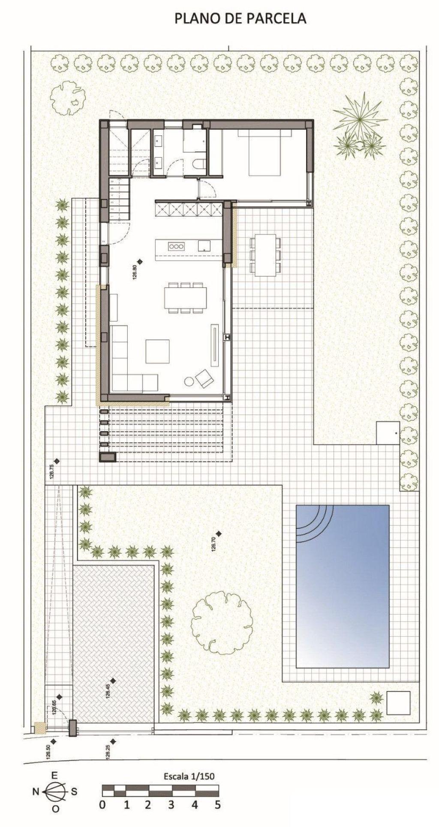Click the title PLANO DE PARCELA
click(x=240, y=18)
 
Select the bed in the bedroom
click(x=265, y=153)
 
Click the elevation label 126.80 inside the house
click(x=135, y=273)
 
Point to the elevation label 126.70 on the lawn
click(x=213, y=544)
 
